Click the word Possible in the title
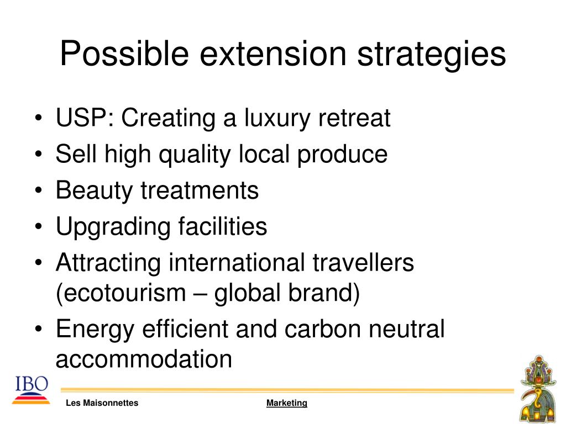tap(124, 54)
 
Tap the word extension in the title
tap(273, 54)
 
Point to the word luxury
tap(277, 119)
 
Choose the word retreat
tap(354, 118)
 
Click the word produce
tap(342, 155)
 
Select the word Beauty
tap(95, 191)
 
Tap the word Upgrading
tap(113, 227)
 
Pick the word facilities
tap(223, 226)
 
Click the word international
tap(237, 262)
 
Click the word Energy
tap(95, 330)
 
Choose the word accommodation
tap(144, 359)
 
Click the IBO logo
tap(31, 390)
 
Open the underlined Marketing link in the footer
tap(287, 403)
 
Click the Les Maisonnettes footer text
tap(102, 402)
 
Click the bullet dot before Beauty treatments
tap(39, 190)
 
